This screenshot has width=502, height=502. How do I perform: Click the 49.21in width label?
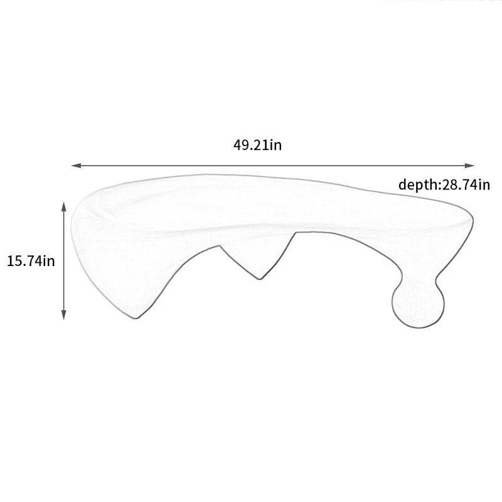pyautogui.click(x=257, y=145)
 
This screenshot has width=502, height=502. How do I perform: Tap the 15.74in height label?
pyautogui.click(x=31, y=261)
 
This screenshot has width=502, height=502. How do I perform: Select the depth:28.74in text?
pyautogui.click(x=444, y=184)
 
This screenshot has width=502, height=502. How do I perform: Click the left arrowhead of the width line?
pyautogui.click(x=76, y=166)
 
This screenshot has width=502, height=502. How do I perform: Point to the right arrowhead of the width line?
pyautogui.click(x=469, y=166)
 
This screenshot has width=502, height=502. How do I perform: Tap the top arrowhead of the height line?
pyautogui.click(x=64, y=206)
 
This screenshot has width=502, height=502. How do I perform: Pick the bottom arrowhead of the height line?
pyautogui.click(x=64, y=315)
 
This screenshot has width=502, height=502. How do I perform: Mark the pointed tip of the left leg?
pyautogui.click(x=136, y=318)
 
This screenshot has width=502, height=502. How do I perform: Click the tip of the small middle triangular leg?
pyautogui.click(x=260, y=279)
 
